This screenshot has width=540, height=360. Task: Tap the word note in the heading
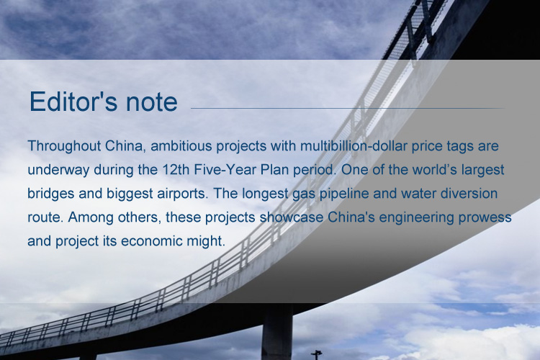152,102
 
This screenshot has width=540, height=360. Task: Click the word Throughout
64,146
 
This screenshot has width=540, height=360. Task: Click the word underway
58,170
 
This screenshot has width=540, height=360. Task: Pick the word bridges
51,194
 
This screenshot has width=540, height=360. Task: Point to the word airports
183,194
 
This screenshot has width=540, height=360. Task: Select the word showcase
292,217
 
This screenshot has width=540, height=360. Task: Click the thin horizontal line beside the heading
348,108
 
